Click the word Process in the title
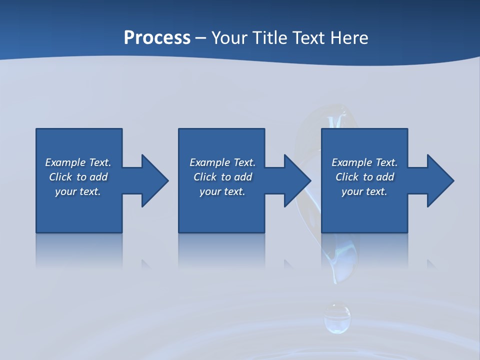click(x=157, y=38)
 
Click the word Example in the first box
click(x=65, y=162)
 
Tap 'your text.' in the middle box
click(x=222, y=191)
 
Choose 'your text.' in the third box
click(x=364, y=191)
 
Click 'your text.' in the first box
click(x=78, y=191)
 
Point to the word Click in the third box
click(x=347, y=177)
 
